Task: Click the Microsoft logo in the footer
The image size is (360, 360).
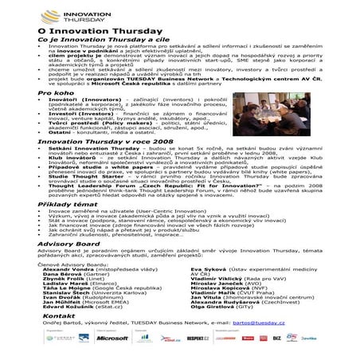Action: tap(112, 338)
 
